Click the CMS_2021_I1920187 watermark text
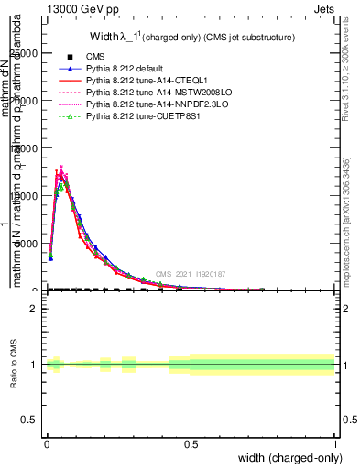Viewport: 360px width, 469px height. [x=190, y=273]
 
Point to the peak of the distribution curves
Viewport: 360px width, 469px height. [x=60, y=169]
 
